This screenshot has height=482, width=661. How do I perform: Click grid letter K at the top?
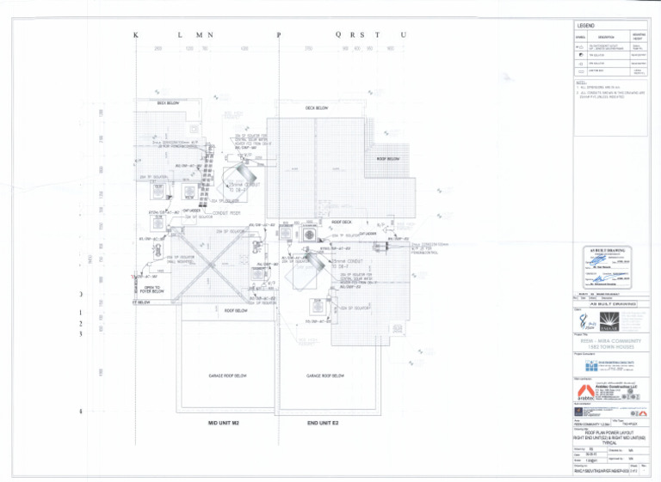[x=135, y=35]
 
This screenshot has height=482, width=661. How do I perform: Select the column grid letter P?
[x=279, y=35]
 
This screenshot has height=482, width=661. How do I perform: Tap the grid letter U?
[x=403, y=35]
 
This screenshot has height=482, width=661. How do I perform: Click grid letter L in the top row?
[x=179, y=35]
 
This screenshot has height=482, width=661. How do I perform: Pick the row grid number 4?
[x=80, y=412]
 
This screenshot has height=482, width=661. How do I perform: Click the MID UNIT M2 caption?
[x=228, y=424]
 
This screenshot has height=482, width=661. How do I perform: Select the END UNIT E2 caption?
[x=326, y=424]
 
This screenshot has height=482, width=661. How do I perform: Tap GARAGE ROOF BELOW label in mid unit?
[x=228, y=375]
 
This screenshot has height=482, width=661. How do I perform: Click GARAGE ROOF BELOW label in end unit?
[x=326, y=375]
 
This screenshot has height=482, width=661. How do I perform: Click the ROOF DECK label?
[x=342, y=222]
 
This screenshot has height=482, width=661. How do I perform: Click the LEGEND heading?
[x=587, y=27]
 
